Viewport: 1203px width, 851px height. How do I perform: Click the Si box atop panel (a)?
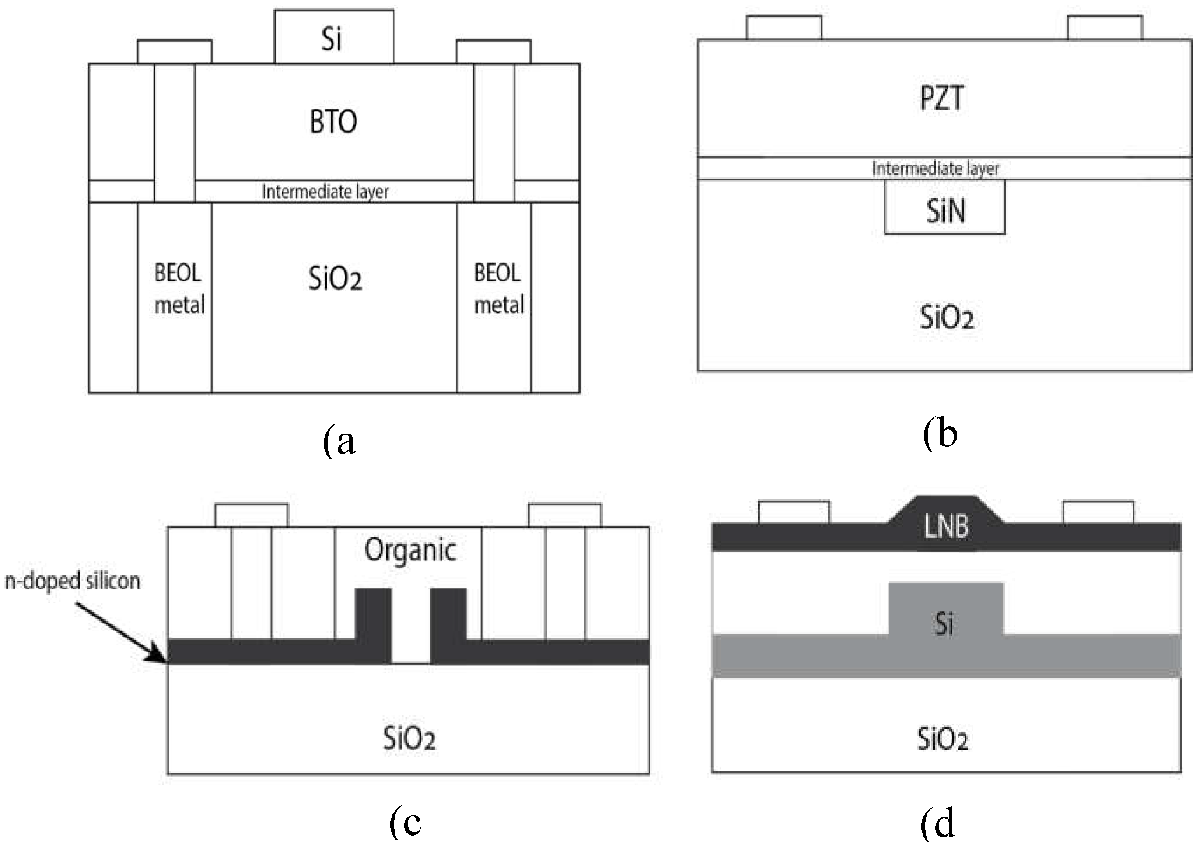334,37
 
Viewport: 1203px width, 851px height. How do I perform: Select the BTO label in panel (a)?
333,122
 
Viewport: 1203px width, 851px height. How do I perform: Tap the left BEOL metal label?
178,289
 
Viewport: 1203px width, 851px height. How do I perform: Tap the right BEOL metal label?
498,289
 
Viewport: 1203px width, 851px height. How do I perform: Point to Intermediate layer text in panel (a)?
325,192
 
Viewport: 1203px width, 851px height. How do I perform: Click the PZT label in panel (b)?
941,98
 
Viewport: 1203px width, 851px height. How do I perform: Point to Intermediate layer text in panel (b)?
936,168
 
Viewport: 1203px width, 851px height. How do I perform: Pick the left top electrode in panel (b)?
784,28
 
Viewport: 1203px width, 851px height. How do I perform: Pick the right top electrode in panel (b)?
1105,28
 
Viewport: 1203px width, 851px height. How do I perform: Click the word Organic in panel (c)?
410,551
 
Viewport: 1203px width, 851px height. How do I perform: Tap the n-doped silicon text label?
73,581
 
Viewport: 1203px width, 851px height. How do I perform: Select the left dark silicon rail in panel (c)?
373,623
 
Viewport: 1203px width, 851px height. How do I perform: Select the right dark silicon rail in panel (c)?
448,623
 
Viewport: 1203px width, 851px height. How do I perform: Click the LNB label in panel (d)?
946,527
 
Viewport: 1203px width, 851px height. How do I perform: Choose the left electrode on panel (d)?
794,512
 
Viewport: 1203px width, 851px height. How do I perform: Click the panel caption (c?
406,823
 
